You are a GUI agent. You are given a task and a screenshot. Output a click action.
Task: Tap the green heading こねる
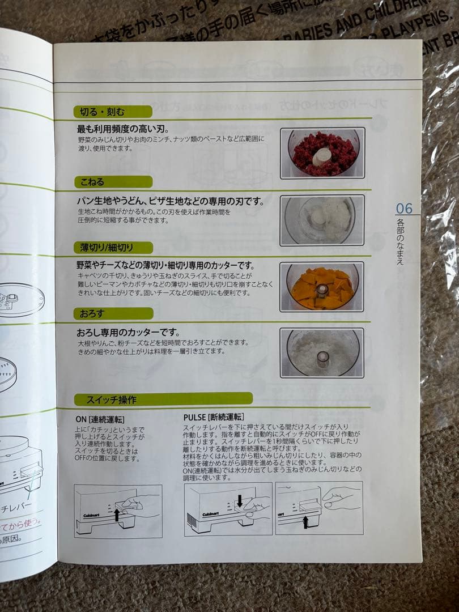coord(91,182)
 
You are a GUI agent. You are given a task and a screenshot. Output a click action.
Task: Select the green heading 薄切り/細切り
coord(104,248)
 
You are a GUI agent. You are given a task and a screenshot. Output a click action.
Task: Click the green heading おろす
coord(92,313)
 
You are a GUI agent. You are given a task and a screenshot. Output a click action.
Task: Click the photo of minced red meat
coord(322,153)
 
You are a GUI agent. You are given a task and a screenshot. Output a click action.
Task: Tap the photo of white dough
coord(322,220)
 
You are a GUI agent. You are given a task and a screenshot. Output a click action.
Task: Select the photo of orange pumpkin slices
coord(322,286)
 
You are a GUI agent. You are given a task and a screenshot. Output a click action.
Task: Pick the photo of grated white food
coord(322,352)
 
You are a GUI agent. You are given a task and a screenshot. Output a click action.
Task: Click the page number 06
coord(404,209)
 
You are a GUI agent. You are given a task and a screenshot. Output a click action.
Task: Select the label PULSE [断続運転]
coord(214,418)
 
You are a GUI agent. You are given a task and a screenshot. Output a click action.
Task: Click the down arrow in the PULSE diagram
coord(240,501)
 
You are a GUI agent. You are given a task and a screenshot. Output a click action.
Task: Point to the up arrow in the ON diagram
coord(117,515)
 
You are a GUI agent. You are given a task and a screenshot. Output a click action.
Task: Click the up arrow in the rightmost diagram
coord(305,521)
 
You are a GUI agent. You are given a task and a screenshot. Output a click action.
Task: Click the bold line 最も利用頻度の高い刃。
coord(119,129)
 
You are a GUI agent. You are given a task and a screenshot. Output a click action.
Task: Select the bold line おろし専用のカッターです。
coord(128,332)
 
